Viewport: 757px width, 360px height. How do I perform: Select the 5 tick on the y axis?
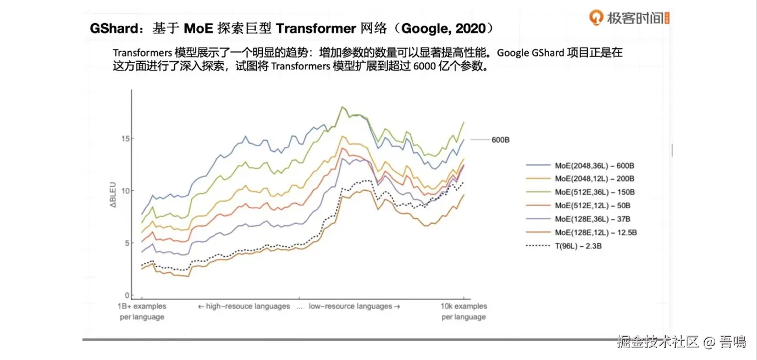click(126, 243)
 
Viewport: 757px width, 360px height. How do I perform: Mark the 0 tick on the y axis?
click(126, 295)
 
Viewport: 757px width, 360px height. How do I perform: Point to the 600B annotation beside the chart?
click(501, 140)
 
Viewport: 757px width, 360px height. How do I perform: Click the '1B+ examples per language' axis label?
click(142, 312)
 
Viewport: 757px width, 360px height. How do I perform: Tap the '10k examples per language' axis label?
click(464, 312)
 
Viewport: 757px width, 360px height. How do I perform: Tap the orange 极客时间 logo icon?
click(596, 18)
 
